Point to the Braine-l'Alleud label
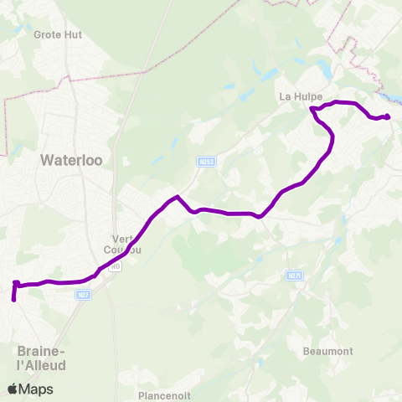click(x=41, y=358)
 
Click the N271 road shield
click(x=293, y=276)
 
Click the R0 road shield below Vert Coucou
click(x=115, y=265)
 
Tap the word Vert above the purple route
click(x=124, y=238)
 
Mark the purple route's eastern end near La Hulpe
click(x=388, y=116)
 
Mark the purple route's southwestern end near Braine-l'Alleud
click(x=13, y=298)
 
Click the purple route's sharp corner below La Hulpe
click(x=312, y=109)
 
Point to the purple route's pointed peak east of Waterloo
click(x=177, y=198)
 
